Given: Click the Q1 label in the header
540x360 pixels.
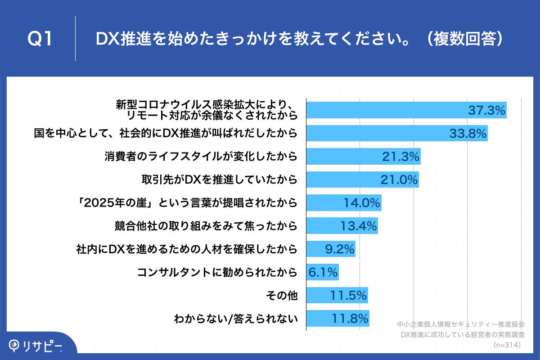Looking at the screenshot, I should coord(41,39).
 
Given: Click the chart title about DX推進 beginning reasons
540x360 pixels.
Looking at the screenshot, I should coord(299,39).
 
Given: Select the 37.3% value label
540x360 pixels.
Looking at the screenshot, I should coord(486,110).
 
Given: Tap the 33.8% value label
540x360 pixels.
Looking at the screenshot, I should coord(468,133).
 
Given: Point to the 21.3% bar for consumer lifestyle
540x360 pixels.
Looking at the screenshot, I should coord(363,156).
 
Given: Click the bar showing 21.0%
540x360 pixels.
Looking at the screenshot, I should coord(362,180).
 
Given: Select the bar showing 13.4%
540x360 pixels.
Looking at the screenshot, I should coord(342,226).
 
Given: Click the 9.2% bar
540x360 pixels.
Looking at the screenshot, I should coord(331,249).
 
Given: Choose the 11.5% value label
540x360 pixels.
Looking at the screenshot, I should coord(349,296).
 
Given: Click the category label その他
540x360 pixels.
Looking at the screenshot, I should coord(283,296).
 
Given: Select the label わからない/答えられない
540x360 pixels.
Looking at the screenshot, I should coord(236,319).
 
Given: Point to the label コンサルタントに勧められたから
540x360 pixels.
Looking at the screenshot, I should coord(217,273).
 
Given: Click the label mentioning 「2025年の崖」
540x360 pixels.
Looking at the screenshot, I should coord(188,203).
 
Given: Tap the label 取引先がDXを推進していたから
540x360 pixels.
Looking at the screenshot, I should coord(219,180).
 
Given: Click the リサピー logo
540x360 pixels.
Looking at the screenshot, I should coord(36,346).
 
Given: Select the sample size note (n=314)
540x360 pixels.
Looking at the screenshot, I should coord(507,345).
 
